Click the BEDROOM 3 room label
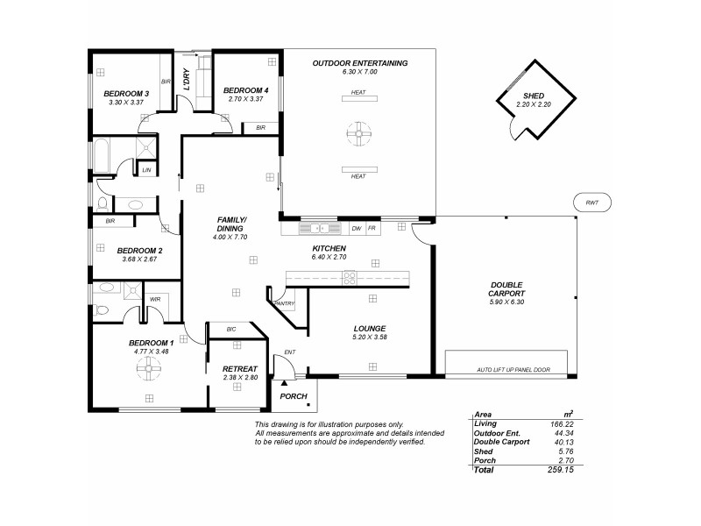pyautogui.click(x=127, y=94)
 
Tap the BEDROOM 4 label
pyautogui.click(x=244, y=90)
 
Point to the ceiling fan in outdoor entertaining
pyautogui.click(x=358, y=134)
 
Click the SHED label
pyautogui.click(x=534, y=96)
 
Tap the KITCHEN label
pyautogui.click(x=329, y=250)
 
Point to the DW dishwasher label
pyautogui.click(x=356, y=228)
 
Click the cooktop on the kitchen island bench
pyautogui.click(x=350, y=278)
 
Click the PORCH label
pyautogui.click(x=293, y=396)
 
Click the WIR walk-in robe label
pyautogui.click(x=155, y=299)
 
